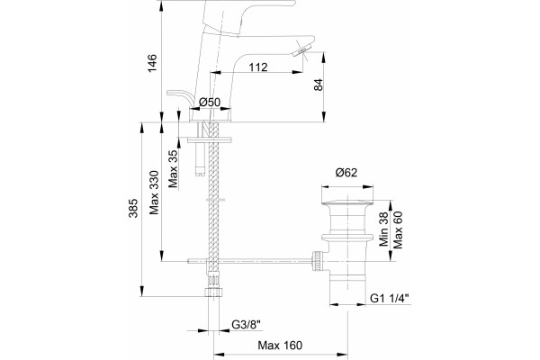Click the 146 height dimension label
click(x=152, y=63)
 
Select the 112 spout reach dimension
click(x=258, y=67)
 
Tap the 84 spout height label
click(x=319, y=85)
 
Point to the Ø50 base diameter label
click(x=210, y=103)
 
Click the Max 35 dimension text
click(x=173, y=169)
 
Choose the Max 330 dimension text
click(x=154, y=193)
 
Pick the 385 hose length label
click(x=133, y=208)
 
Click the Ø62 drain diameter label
click(x=346, y=173)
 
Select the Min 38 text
click(x=383, y=229)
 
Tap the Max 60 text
click(x=398, y=229)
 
